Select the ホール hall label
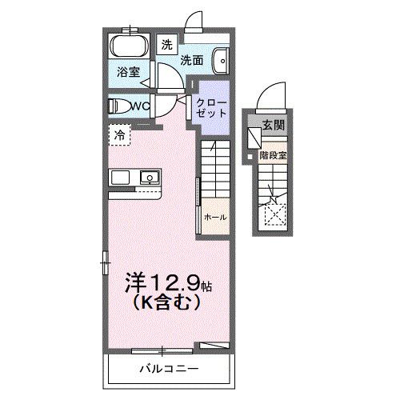tap(214, 217)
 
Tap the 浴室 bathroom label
tap(127, 71)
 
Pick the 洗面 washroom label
tap(190, 59)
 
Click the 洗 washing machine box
tap(167, 45)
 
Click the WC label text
tap(142, 105)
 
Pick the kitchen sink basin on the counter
tap(148, 177)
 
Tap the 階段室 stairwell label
tap(272, 156)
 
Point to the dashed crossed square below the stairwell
tap(274, 212)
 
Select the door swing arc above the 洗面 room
tap(192, 21)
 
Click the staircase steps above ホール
tap(214, 168)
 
